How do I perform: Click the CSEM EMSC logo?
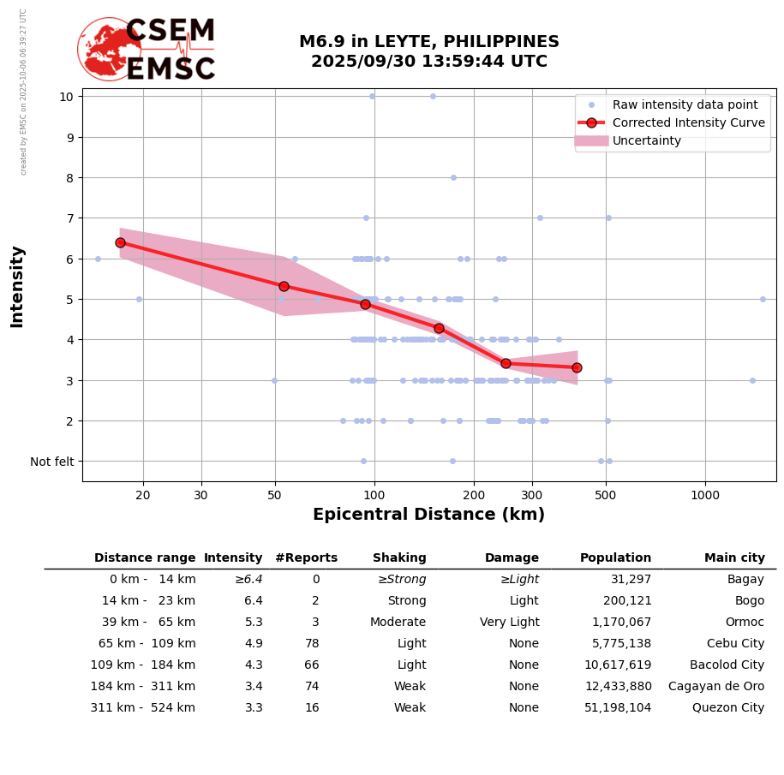(147, 50)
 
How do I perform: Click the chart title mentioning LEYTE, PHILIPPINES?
(428, 51)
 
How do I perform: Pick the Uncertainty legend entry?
(647, 140)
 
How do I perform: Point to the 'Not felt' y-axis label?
(52, 462)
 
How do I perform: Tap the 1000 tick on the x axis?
(705, 495)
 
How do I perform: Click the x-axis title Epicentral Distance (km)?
(428, 515)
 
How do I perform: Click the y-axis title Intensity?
(17, 286)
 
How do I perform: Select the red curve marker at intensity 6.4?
(120, 242)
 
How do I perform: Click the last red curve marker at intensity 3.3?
(577, 367)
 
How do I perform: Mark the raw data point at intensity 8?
(453, 177)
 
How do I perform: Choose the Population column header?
(615, 558)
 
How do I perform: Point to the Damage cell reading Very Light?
(509, 623)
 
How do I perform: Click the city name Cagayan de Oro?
(716, 687)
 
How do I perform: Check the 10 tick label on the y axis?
(66, 96)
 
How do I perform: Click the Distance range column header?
(145, 558)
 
